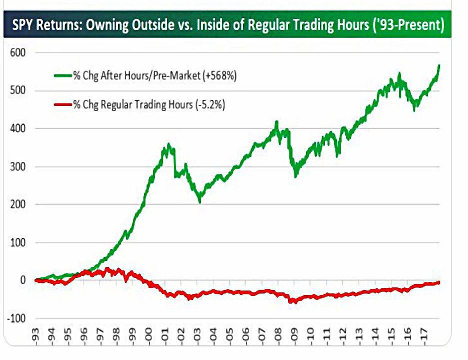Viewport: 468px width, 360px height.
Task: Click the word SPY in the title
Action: [x=22, y=24]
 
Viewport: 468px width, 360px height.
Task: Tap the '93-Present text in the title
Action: [x=408, y=25]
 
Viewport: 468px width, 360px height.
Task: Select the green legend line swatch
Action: [x=63, y=75]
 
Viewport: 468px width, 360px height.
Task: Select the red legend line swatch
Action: [x=63, y=104]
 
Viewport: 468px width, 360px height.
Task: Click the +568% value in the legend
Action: [x=219, y=75]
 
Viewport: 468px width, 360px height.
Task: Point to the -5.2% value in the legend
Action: [x=210, y=104]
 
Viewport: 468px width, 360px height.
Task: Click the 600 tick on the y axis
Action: [x=17, y=52]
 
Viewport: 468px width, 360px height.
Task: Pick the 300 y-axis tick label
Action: [x=17, y=166]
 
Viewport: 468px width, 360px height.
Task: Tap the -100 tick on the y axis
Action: [x=16, y=318]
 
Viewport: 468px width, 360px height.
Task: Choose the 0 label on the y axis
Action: [x=22, y=280]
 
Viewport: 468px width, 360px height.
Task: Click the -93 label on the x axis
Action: [x=36, y=336]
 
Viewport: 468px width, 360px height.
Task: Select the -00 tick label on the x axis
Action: [x=148, y=336]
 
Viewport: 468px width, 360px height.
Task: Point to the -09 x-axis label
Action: [x=294, y=336]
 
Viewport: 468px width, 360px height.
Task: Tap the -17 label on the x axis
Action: [x=423, y=336]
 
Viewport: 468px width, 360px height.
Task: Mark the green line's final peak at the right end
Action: [x=439, y=65]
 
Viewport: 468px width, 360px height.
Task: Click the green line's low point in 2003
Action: [x=199, y=202]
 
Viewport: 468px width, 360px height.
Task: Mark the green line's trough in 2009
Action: [x=295, y=176]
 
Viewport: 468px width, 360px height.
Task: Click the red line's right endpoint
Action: [x=439, y=282]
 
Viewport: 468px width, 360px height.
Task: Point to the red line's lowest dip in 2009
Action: [x=295, y=302]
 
